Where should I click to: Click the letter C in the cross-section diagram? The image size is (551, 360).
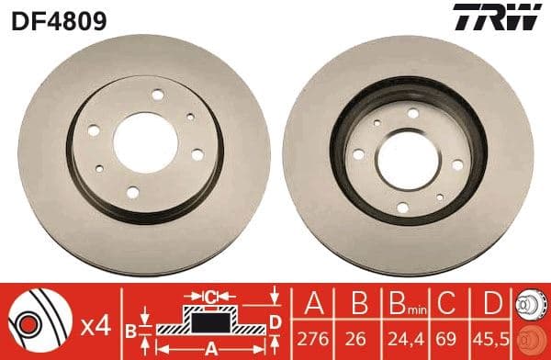point(210,297)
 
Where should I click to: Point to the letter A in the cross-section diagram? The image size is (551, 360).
point(212,348)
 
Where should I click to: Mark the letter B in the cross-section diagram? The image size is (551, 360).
point(131,329)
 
